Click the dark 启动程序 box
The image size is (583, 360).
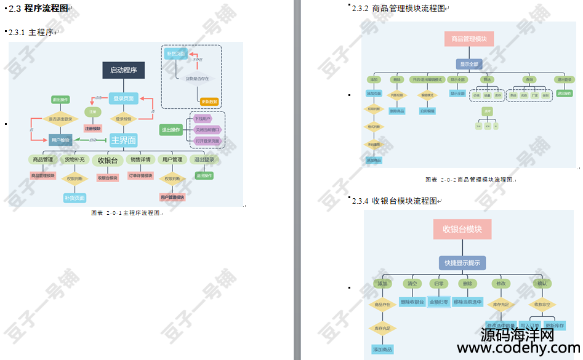click(123, 70)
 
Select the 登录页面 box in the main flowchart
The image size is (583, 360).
click(123, 98)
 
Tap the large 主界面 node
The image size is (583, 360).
click(123, 140)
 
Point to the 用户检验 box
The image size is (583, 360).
click(60, 140)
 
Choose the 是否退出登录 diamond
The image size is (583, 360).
click(60, 119)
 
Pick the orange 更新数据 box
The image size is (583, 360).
click(209, 102)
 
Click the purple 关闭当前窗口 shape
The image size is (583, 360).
click(207, 130)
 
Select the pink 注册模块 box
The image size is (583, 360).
click(93, 129)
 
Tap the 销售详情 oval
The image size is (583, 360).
click(140, 159)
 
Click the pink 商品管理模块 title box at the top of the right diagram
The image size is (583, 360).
click(468, 39)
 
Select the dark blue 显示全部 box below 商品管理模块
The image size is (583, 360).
click(468, 64)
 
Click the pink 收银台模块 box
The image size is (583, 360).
click(462, 229)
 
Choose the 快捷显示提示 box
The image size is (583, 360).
click(462, 263)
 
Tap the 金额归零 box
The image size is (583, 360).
click(440, 302)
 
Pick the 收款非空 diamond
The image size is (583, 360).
click(542, 304)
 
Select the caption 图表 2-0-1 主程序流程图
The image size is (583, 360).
click(126, 213)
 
